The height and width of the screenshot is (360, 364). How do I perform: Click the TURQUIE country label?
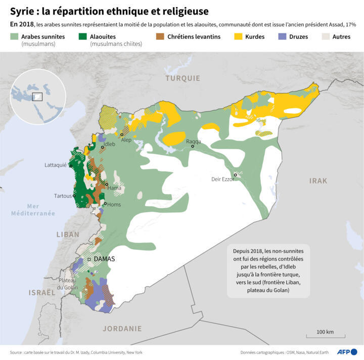coord(183,78)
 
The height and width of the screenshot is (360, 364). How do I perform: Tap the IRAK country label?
coord(318,181)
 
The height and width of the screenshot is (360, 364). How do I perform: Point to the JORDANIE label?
coord(122,328)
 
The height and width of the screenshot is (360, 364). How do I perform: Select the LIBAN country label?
coord(68,235)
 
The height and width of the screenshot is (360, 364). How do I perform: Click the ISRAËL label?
coord(42,292)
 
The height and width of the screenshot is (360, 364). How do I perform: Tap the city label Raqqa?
coord(194,141)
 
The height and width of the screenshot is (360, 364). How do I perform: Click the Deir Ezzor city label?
coord(222,179)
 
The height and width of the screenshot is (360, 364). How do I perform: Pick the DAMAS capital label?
coord(105,259)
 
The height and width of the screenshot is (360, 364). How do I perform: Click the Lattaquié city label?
coord(56,165)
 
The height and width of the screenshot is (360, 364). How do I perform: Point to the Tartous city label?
coord(63,196)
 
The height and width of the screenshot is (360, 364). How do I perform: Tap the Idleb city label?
coord(109,144)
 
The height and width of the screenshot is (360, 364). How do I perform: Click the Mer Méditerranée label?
coord(33,210)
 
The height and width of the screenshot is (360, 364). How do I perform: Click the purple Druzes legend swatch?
coord(282,37)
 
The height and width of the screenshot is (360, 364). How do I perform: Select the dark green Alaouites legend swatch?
coord(82,37)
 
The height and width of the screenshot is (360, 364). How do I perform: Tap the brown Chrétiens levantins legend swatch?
coord(160,37)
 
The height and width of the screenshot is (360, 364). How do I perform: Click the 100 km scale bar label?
coord(325,332)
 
